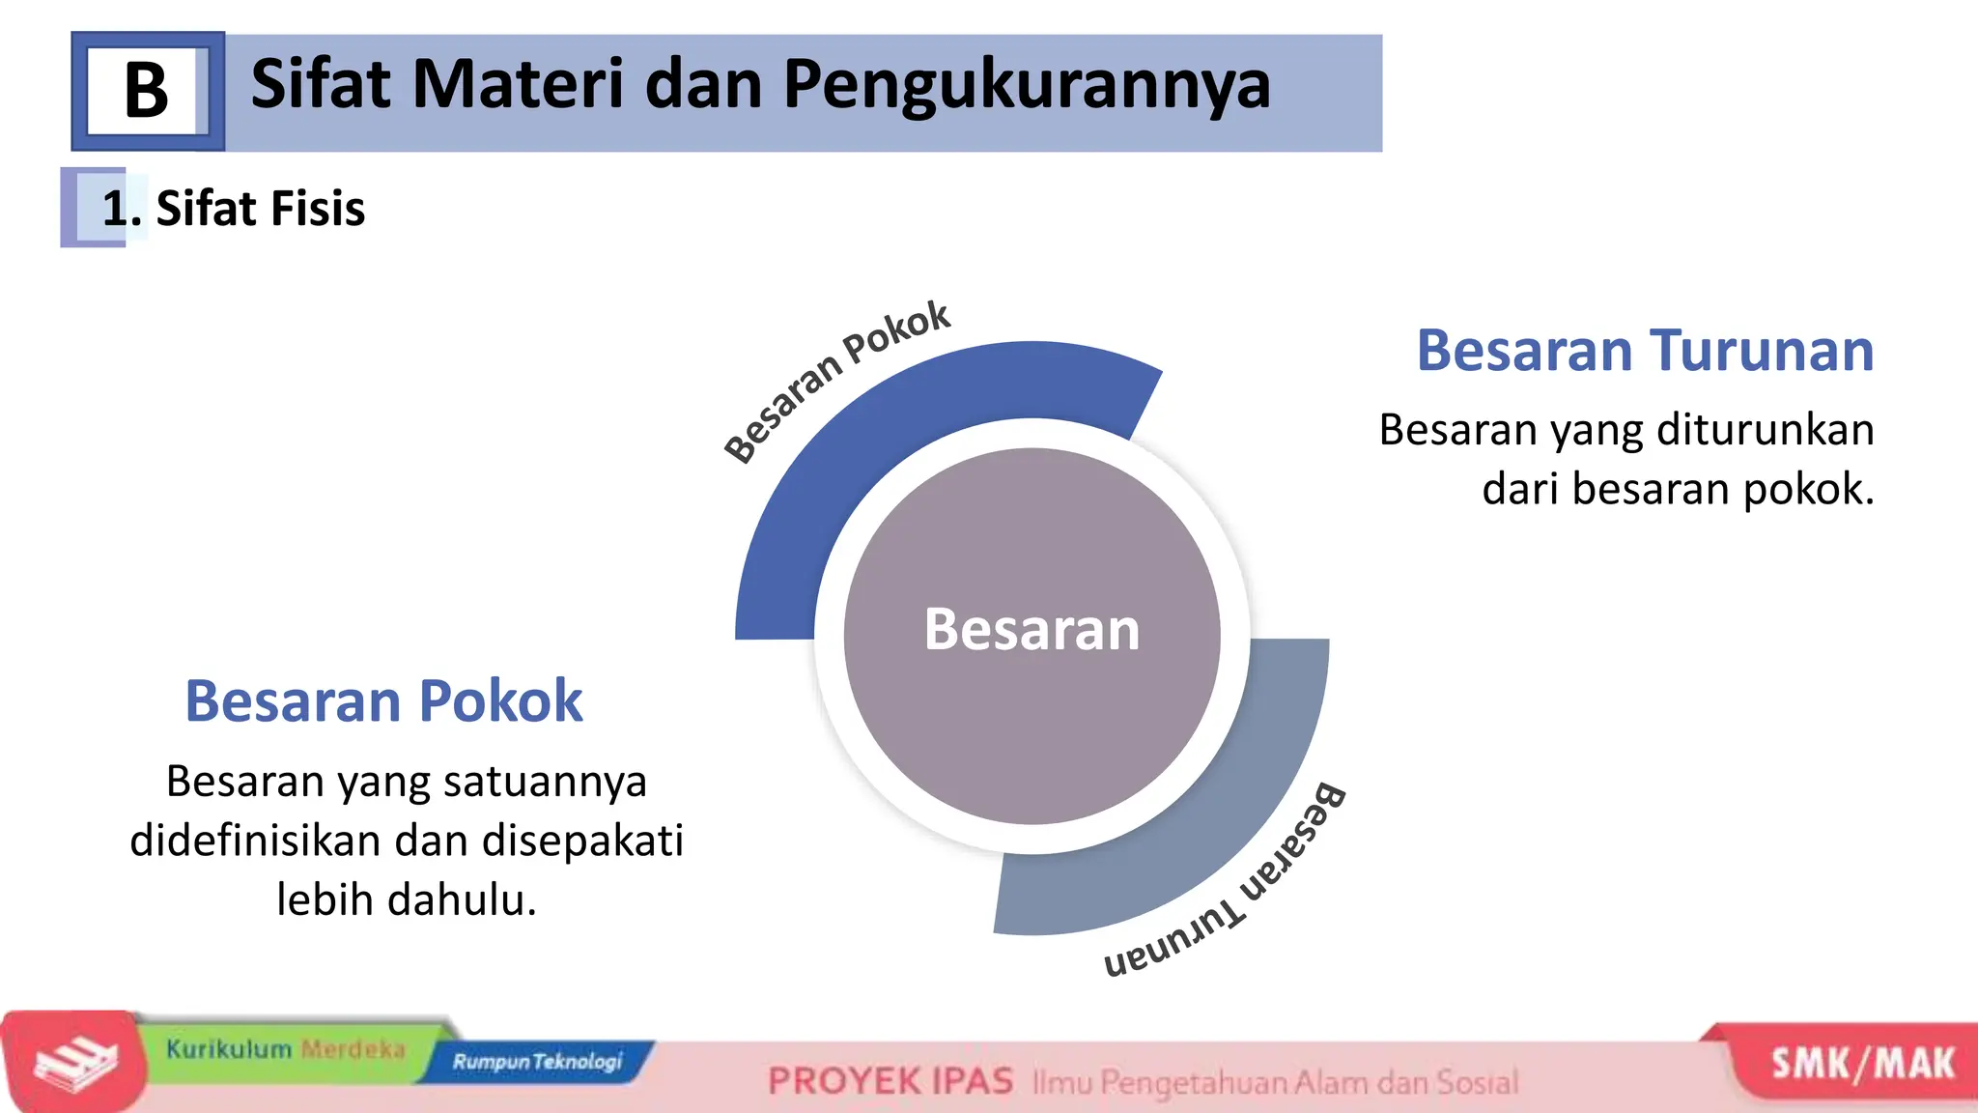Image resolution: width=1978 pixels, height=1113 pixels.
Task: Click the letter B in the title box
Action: tap(146, 92)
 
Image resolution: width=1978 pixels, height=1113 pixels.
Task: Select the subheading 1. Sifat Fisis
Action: tap(233, 209)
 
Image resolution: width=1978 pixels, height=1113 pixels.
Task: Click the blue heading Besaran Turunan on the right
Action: tap(1644, 350)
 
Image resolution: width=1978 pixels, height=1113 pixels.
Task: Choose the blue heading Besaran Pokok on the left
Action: tap(383, 700)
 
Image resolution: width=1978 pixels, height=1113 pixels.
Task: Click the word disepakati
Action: tap(582, 840)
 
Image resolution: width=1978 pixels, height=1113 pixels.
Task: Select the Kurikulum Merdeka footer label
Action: tap(285, 1049)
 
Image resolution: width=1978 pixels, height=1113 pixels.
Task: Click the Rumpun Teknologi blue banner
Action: tap(537, 1062)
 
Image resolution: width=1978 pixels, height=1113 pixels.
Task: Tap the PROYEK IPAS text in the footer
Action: tap(890, 1081)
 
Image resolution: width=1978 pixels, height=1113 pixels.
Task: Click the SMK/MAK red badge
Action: tap(1861, 1065)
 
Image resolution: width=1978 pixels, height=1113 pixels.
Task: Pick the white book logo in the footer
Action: tap(75, 1063)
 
